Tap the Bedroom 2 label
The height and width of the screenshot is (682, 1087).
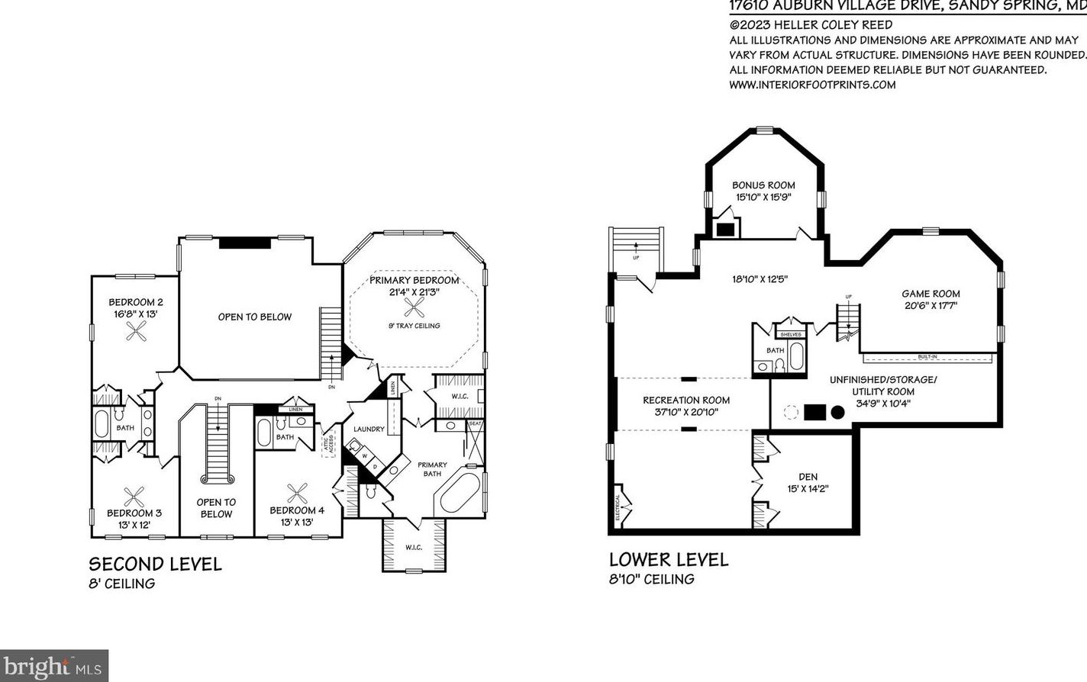click(136, 302)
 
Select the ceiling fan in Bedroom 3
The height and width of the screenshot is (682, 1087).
click(134, 497)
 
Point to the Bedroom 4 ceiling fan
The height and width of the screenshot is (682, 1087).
click(296, 494)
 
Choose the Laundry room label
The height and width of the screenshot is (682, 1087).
click(369, 429)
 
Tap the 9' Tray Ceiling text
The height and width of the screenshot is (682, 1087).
click(414, 326)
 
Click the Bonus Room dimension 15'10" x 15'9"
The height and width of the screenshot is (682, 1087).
click(763, 197)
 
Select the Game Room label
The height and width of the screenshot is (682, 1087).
click(931, 294)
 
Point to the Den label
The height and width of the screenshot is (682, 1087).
click(808, 477)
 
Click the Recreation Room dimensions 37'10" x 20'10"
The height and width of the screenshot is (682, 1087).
click(686, 412)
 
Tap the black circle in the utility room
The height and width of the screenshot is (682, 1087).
click(837, 413)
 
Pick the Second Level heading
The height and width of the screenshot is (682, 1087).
click(155, 564)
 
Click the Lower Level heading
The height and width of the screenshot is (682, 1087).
click(669, 559)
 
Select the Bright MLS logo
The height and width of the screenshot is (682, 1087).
click(53, 666)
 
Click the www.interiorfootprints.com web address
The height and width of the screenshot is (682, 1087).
click(812, 85)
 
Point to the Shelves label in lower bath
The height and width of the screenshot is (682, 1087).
click(791, 334)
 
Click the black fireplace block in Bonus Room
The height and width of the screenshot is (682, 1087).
click(724, 228)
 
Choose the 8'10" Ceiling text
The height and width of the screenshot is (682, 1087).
click(651, 579)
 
